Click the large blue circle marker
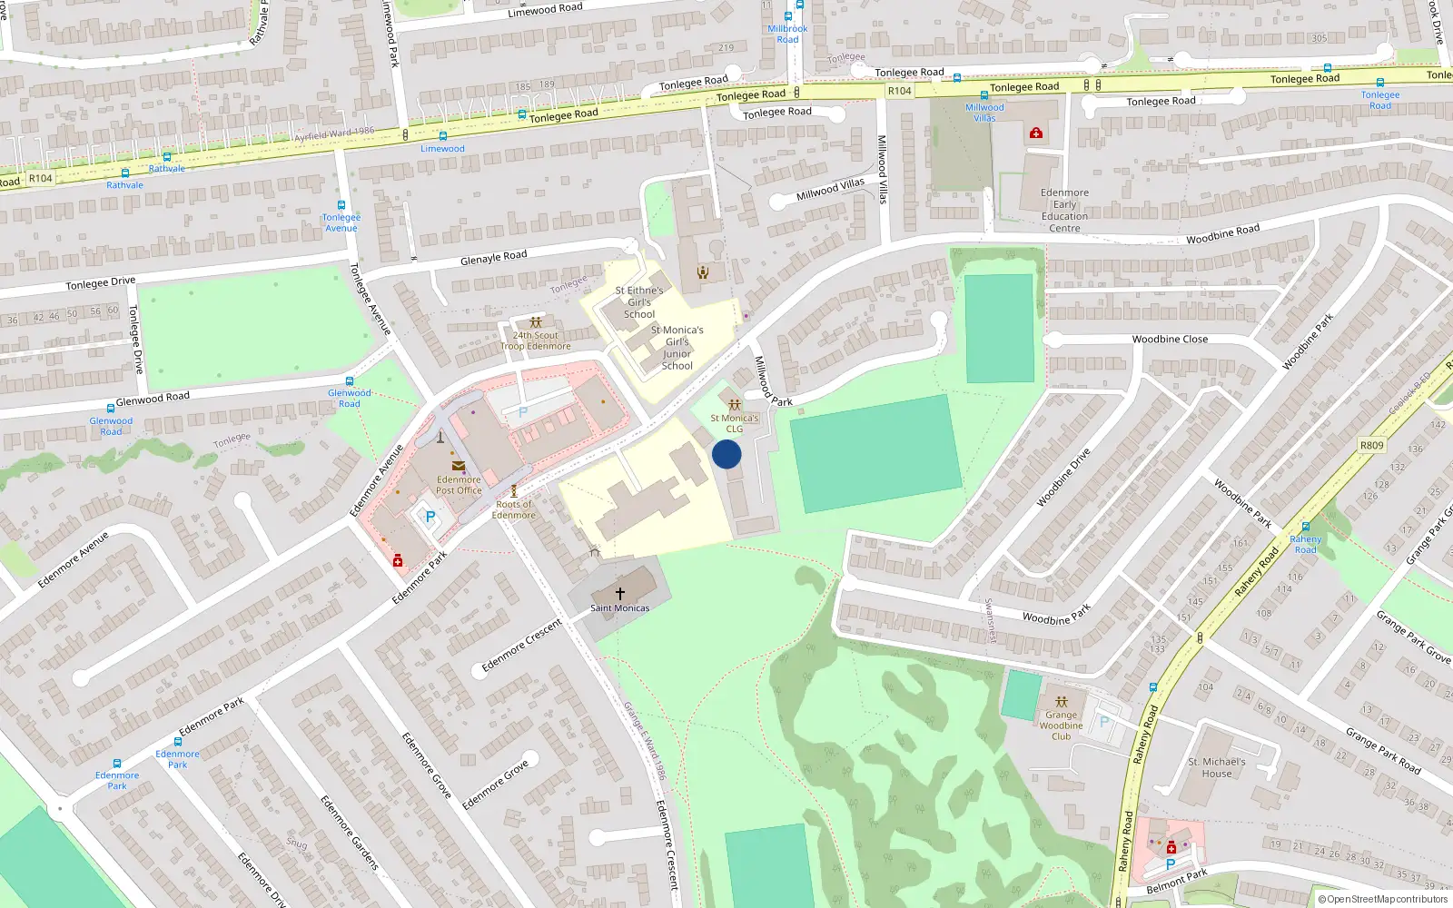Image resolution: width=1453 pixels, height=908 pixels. point(726,454)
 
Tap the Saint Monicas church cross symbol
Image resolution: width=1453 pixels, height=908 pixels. point(620,593)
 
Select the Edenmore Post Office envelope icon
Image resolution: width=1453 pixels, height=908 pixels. point(459,466)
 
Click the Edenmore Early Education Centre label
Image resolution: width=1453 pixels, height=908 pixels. point(1064,211)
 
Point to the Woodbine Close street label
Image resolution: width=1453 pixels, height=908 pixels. point(1170,340)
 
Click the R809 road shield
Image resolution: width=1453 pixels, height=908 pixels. point(1371,445)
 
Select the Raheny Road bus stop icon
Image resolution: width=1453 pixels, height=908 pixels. point(1305,527)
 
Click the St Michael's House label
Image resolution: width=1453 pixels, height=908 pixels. point(1217,768)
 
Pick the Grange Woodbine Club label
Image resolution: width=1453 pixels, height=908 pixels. point(1061,725)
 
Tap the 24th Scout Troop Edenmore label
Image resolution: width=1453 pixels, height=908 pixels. point(536,340)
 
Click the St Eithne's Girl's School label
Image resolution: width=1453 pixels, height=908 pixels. point(639,302)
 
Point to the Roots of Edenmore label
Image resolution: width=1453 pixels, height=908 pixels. point(514,509)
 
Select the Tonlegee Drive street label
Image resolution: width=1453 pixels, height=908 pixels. point(100,283)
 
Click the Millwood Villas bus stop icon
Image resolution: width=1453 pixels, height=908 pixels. point(983,94)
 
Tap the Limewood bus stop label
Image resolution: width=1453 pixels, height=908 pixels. point(442,149)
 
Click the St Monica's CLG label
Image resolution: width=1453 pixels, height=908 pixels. point(734,423)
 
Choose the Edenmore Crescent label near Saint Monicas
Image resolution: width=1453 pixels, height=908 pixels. point(521,646)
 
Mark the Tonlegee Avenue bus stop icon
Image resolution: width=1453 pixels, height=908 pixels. point(341,205)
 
